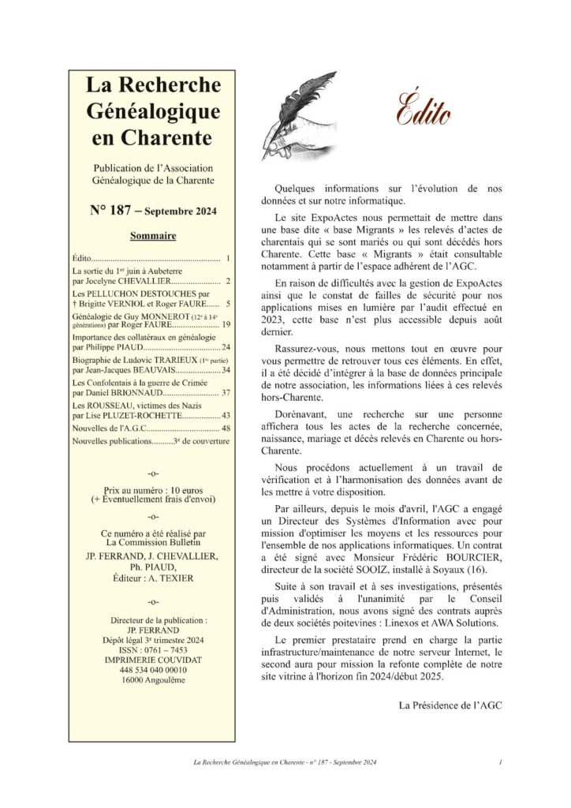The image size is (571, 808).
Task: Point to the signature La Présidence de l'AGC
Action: click(451, 704)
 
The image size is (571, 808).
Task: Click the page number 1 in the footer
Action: click(501, 762)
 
